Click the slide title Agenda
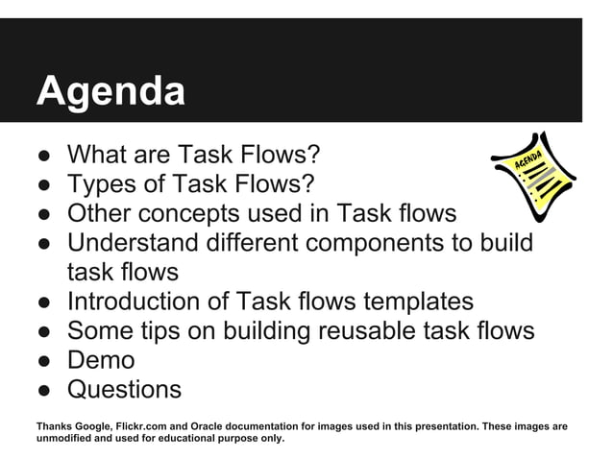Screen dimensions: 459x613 pyautogui.click(x=110, y=92)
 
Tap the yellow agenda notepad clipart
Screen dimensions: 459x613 pyautogui.click(x=533, y=179)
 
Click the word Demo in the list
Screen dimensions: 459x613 pyautogui.click(x=101, y=361)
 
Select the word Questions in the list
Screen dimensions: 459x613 pyautogui.click(x=124, y=390)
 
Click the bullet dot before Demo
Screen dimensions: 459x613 pyautogui.click(x=44, y=362)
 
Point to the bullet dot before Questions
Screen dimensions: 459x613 pyautogui.click(x=44, y=391)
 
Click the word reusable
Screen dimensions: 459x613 pyautogui.click(x=362, y=331)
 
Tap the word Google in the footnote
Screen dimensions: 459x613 pyautogui.click(x=94, y=425)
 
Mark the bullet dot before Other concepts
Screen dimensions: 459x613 pyautogui.click(x=44, y=214)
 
